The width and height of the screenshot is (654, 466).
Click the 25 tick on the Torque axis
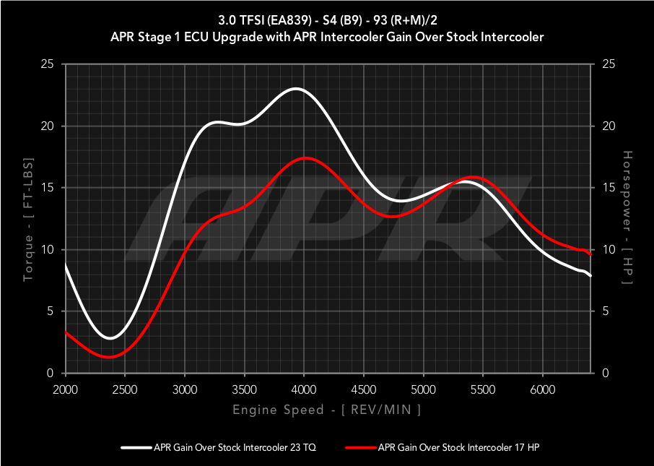48,64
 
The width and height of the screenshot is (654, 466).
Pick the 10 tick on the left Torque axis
48,250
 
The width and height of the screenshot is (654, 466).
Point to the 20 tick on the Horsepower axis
608,126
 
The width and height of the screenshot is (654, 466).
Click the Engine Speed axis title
326,410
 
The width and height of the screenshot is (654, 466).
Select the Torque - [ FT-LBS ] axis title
28,218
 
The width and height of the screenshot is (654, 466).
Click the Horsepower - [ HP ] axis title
627,218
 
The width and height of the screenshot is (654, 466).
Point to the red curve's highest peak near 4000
305,158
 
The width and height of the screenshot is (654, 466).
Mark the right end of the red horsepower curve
590,254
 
